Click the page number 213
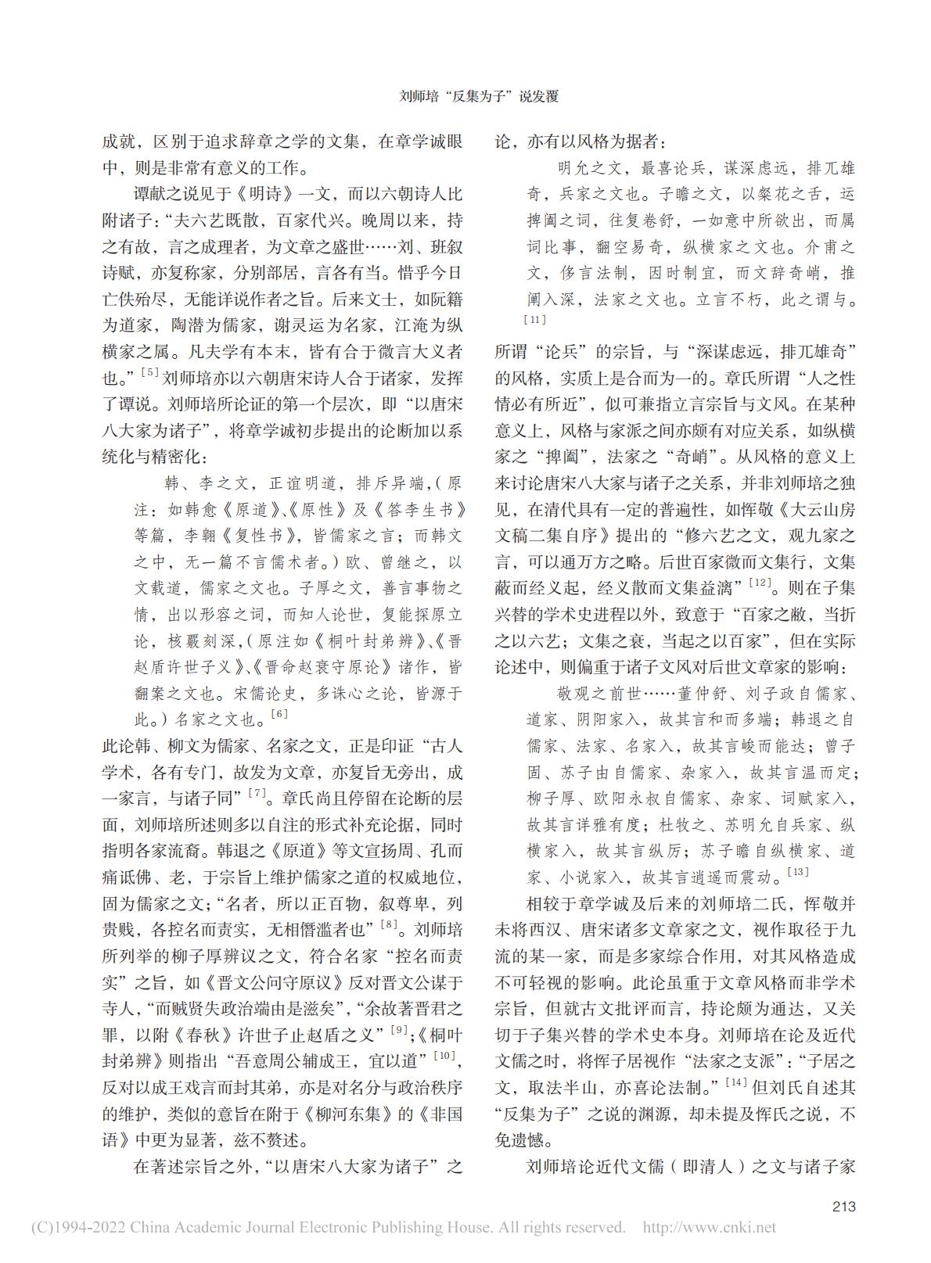point(843,1206)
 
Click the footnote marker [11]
point(535,319)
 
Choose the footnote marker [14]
point(736,1082)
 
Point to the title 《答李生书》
point(417,510)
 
